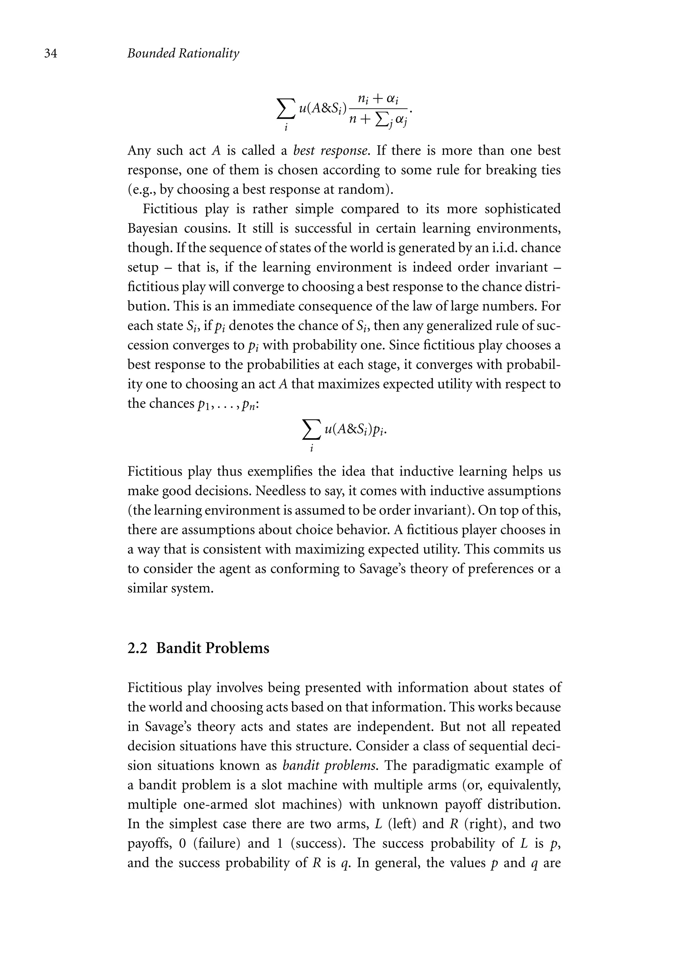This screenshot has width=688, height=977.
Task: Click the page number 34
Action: click(51, 54)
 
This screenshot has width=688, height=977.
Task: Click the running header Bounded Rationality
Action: click(183, 54)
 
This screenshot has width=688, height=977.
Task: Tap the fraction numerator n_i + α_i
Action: click(378, 99)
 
